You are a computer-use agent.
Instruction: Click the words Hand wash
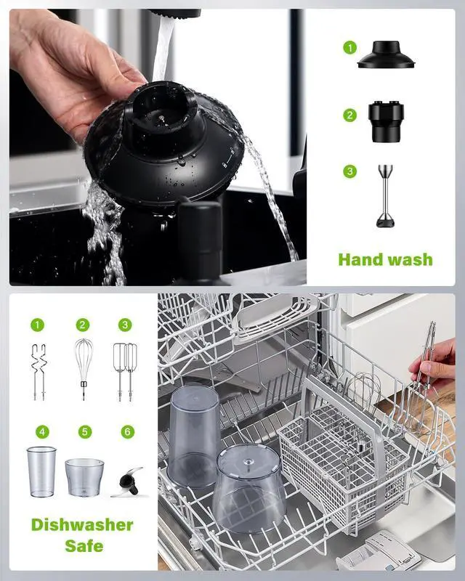point(385,259)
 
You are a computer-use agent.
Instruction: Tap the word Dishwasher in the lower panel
point(82,524)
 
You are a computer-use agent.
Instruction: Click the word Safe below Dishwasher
point(82,546)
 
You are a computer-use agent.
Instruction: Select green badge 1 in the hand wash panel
point(350,48)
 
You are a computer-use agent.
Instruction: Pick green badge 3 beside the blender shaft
point(350,171)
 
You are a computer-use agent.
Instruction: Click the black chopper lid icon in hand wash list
point(385,56)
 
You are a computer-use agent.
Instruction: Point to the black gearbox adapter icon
point(385,121)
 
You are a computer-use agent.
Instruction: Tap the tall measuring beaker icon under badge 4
point(41,471)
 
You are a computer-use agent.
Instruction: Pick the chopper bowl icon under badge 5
point(84,476)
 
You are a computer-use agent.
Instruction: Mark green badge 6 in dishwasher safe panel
point(128,432)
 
